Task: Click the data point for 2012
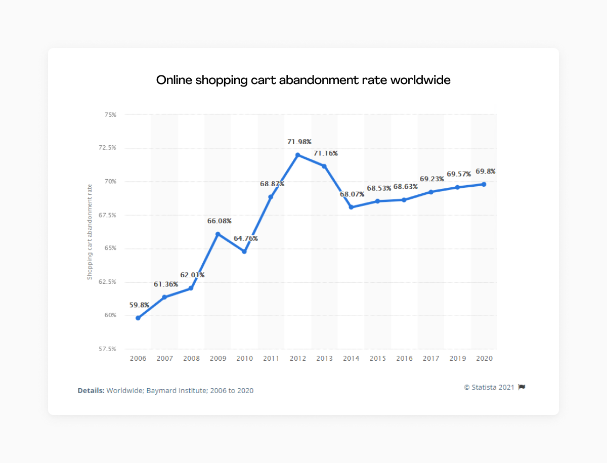[x=297, y=155]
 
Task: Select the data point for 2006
[x=138, y=318]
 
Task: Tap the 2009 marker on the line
[x=218, y=234]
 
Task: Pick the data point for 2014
[x=351, y=207]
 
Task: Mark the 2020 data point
[x=484, y=184]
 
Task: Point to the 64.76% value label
[x=246, y=238]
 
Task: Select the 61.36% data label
[x=166, y=284]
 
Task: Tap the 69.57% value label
[x=459, y=174]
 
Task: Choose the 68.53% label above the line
[x=379, y=188]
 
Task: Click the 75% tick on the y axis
[x=110, y=115]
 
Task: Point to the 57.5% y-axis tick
[x=108, y=349]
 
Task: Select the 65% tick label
[x=110, y=248]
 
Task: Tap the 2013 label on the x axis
[x=324, y=358]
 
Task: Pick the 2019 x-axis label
[x=457, y=358]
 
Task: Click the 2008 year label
[x=191, y=358]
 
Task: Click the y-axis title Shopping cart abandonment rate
[x=90, y=232]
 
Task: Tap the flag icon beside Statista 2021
[x=522, y=387]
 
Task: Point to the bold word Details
[x=91, y=391]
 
